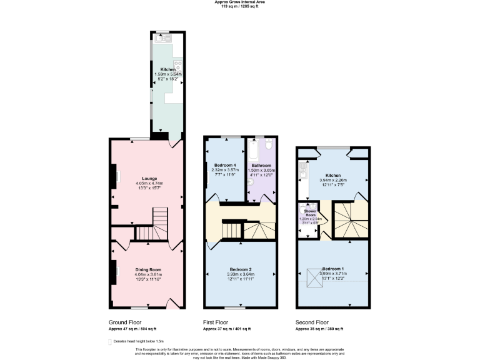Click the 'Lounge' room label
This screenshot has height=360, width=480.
point(149,178)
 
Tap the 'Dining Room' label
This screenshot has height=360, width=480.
point(147,269)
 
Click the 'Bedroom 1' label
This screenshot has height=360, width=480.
point(332,269)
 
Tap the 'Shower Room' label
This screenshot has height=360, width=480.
point(311,214)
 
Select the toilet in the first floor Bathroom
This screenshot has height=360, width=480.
point(267,144)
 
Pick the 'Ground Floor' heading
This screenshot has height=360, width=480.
point(125,322)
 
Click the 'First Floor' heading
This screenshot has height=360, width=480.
point(216,322)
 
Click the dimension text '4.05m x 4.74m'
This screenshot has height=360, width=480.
point(149,183)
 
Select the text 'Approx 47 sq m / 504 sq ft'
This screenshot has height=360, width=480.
point(133,329)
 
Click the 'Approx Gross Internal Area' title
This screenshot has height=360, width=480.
point(240,2)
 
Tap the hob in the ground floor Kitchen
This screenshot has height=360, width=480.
point(177,64)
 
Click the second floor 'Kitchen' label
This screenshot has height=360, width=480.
point(332,176)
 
